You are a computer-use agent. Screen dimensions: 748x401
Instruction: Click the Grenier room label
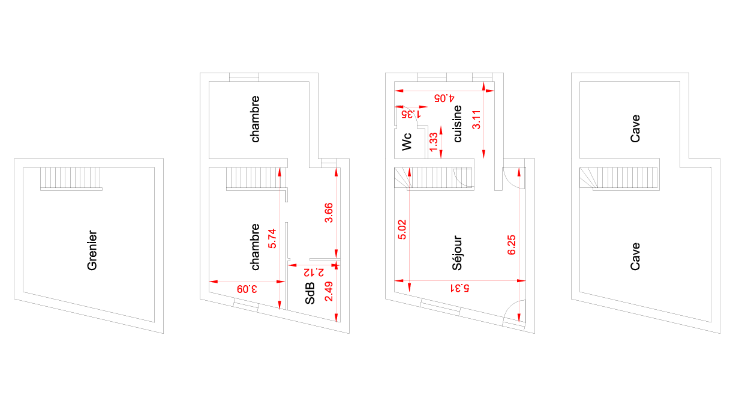click(x=92, y=250)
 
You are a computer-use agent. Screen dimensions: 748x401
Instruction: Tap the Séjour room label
click(x=457, y=253)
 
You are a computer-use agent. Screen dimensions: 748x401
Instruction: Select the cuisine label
click(x=458, y=124)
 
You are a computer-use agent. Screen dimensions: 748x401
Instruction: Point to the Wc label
click(x=406, y=142)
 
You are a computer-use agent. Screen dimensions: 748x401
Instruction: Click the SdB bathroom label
click(x=310, y=294)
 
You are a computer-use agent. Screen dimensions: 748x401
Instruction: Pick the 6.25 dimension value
click(x=511, y=245)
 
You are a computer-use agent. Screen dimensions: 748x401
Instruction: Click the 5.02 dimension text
click(x=402, y=229)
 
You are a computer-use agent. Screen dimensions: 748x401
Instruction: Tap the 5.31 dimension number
click(x=460, y=288)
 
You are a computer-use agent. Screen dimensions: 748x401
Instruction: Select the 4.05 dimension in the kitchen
click(x=444, y=98)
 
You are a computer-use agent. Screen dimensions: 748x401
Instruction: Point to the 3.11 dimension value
click(x=476, y=119)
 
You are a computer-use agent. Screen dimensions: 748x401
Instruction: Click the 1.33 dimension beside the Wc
click(x=433, y=142)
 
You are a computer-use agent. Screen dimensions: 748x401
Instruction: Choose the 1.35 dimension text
click(x=411, y=114)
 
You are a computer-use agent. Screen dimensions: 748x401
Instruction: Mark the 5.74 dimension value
click(x=272, y=238)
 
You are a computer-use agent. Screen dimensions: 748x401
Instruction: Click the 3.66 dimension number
click(x=329, y=213)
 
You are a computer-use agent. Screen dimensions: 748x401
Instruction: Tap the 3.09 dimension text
click(x=247, y=289)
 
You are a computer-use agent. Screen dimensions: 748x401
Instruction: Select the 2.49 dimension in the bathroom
click(x=329, y=291)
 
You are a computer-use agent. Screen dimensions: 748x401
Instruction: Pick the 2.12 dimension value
click(x=314, y=273)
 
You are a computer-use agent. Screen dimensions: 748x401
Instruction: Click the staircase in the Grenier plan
click(x=71, y=179)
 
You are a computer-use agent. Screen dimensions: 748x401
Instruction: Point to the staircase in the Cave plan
click(x=620, y=179)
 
